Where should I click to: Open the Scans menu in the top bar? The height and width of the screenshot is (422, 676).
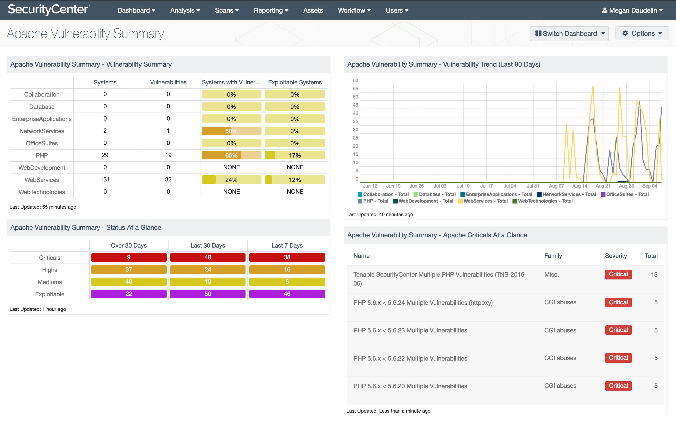[227, 10]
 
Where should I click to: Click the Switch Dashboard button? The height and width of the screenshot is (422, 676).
[569, 34]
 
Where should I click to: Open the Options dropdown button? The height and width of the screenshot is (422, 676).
[642, 34]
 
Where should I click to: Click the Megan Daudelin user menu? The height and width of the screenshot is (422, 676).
[632, 10]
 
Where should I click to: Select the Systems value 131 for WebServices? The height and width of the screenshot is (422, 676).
[105, 179]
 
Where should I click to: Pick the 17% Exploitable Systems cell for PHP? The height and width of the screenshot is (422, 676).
[295, 155]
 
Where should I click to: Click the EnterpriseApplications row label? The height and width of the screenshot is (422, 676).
[42, 119]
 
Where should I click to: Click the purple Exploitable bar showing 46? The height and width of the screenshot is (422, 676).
[287, 294]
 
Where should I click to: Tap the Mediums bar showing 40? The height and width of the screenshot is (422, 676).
[129, 282]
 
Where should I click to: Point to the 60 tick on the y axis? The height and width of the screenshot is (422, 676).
[355, 80]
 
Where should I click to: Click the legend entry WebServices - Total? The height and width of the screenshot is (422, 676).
[483, 201]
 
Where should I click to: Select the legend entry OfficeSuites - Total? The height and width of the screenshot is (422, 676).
[625, 194]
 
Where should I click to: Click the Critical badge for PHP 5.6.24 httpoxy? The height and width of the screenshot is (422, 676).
[618, 302]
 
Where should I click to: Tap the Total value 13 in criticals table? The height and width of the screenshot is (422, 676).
[654, 275]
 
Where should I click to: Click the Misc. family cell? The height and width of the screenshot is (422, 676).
[552, 275]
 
